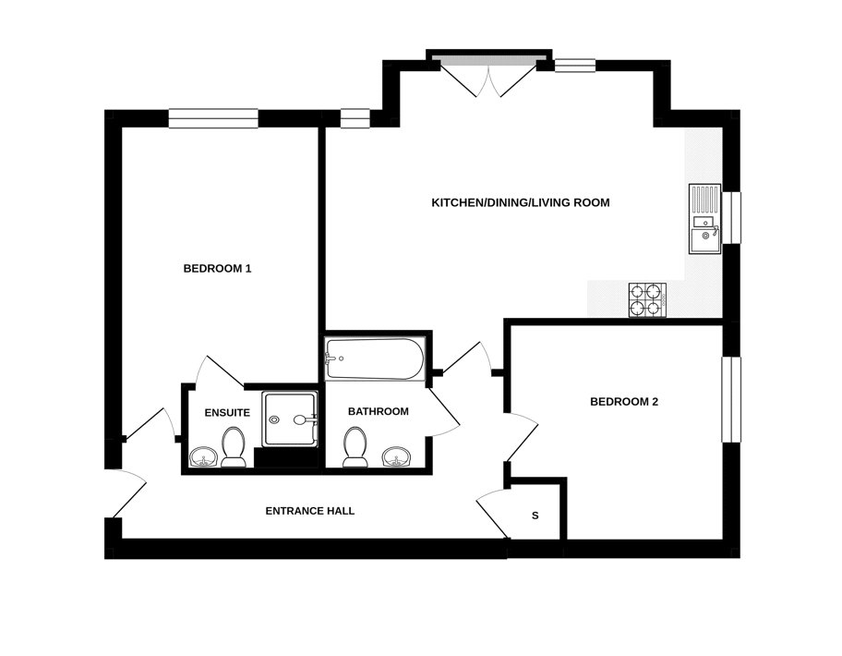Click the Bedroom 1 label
[217, 269]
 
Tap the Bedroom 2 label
[623, 402]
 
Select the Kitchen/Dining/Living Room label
[521, 202]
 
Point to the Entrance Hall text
[309, 511]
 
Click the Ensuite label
[227, 412]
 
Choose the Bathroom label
[378, 411]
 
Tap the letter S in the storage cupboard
[535, 516]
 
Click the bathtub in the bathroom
[374, 359]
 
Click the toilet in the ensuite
[233, 445]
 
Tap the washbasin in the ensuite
[202, 456]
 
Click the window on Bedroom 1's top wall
[213, 118]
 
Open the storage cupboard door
[491, 513]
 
